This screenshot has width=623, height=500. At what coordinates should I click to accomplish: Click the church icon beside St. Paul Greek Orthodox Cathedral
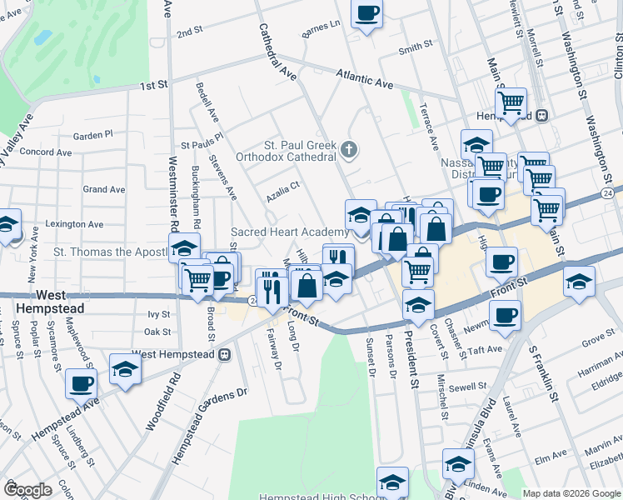coord(349,151)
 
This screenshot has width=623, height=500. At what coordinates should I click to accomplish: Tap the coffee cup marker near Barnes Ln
coord(366,14)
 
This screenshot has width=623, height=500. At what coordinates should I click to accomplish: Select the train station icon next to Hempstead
coord(541,115)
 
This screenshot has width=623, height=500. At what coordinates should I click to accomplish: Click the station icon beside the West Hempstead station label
coord(224,354)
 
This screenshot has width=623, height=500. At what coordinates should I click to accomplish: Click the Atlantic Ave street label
coord(365,79)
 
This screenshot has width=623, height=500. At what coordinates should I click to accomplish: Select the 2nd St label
coord(190,32)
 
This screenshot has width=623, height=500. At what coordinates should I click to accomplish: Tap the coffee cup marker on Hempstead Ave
coord(82,384)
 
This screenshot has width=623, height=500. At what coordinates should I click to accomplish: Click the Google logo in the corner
coord(27,490)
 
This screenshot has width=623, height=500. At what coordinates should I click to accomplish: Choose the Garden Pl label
coord(92,135)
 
